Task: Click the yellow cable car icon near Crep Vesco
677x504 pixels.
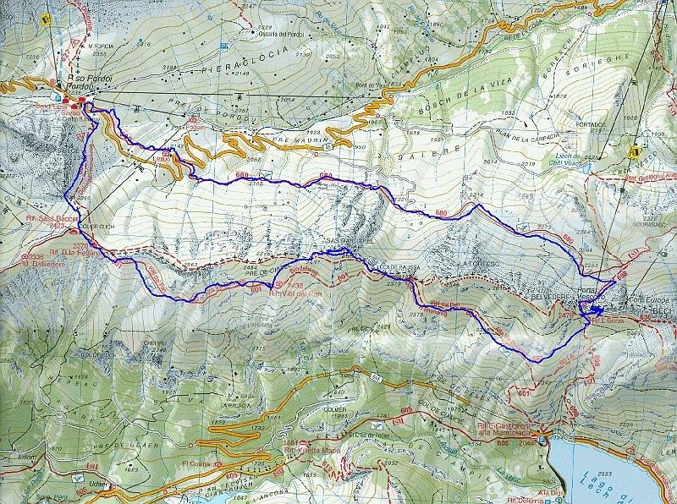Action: [x=636, y=151]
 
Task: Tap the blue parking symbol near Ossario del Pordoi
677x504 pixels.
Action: [x=223, y=47]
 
